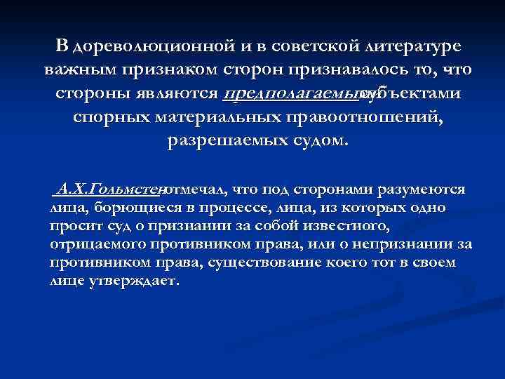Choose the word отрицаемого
(95, 244)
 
